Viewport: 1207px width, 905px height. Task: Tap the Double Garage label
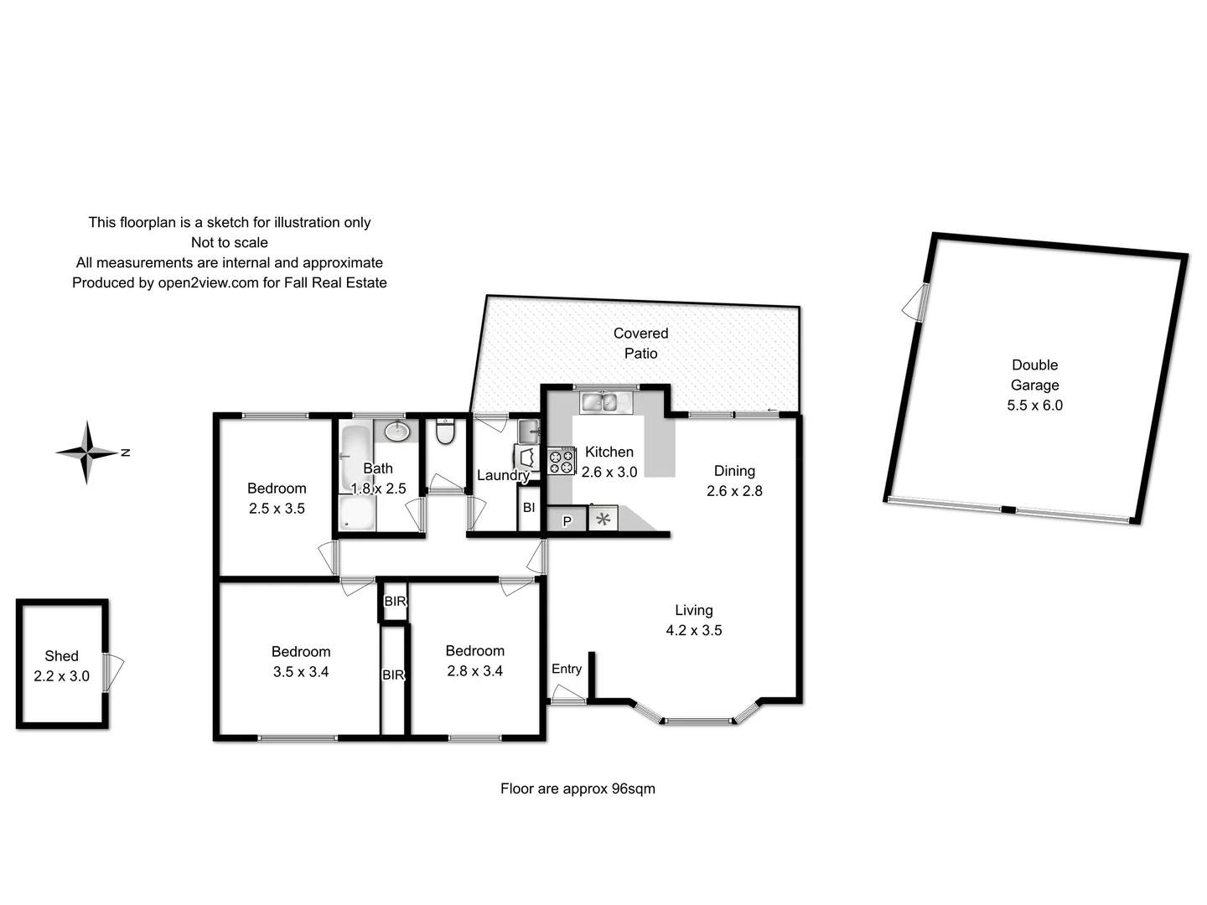pos(1034,385)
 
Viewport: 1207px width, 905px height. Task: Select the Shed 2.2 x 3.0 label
pos(61,666)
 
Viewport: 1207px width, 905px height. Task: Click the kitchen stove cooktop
pos(562,462)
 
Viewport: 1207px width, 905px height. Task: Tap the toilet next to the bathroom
pos(445,432)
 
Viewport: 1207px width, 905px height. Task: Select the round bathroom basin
pos(397,432)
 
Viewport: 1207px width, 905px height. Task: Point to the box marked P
pos(567,520)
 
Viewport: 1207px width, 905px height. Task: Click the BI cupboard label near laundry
pos(528,508)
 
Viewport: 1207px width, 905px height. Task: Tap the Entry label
pos(567,669)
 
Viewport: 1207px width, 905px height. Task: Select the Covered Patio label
pos(640,344)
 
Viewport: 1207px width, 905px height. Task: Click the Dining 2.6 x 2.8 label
pos(734,481)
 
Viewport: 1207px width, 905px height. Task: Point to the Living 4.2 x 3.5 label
pos(694,620)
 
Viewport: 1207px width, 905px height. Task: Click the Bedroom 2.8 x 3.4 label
pos(474,660)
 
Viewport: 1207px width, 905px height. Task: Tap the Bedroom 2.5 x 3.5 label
pos(277,498)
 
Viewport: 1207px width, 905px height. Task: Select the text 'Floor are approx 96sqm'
pos(578,789)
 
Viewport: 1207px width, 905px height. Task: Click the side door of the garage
pos(915,303)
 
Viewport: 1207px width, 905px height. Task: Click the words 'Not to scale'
pos(229,243)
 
